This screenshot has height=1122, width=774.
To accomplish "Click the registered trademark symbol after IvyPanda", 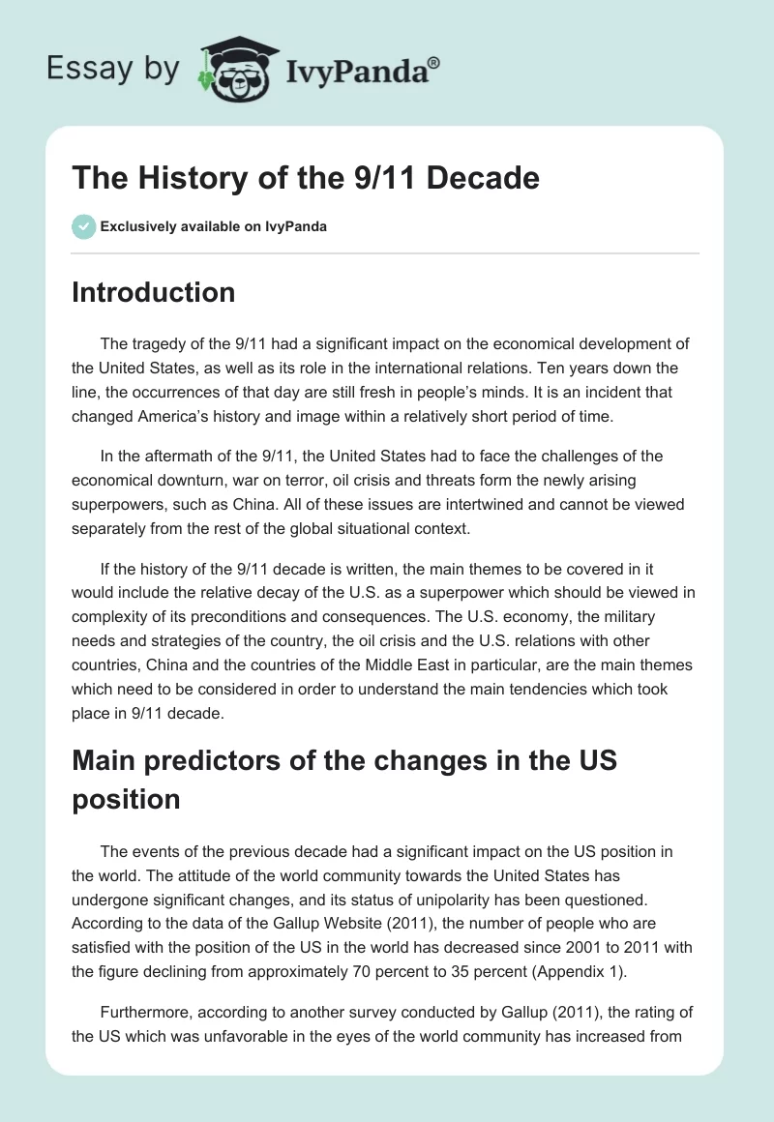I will [434, 63].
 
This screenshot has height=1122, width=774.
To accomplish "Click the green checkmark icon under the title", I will [83, 226].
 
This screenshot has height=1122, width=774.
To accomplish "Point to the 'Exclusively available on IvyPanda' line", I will [213, 227].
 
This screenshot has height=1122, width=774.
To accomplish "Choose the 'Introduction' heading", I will [153, 292].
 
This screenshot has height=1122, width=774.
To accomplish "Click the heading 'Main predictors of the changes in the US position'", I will [344, 779].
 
